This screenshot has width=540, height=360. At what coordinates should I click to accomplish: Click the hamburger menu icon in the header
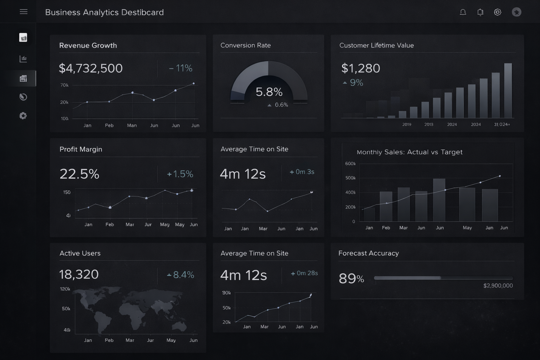pos(24,12)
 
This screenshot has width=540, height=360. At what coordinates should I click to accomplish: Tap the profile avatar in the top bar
pos(516,12)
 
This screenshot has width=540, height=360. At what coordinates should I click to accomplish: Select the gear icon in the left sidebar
pos(23,116)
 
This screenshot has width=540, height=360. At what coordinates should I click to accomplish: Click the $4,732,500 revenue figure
pos(91,68)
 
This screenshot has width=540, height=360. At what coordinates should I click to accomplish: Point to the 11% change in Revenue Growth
pos(181,68)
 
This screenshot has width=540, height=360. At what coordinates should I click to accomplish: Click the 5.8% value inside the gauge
pos(269,92)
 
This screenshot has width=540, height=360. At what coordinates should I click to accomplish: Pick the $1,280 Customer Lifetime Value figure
pos(361,68)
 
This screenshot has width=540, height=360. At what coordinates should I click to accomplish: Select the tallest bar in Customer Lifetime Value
pos(508,90)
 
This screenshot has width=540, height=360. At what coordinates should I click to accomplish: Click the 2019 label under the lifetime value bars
pos(407,124)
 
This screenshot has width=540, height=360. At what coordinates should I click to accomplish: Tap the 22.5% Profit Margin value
pos(79,174)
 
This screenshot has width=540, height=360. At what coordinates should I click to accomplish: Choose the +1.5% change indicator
pos(180,174)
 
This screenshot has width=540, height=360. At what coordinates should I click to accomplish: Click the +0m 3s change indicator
pos(302,172)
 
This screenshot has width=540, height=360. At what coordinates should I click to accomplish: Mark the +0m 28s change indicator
pos(304,273)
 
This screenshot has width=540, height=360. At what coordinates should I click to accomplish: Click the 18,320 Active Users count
pos(79,275)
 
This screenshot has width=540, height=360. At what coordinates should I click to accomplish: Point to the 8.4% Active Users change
pos(181,275)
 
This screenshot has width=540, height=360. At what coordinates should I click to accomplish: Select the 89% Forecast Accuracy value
pos(351,279)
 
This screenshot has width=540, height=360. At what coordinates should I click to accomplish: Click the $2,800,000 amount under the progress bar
pos(498,285)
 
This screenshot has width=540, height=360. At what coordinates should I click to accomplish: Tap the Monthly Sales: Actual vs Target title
pos(410,152)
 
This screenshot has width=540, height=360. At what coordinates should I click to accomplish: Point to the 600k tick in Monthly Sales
pos(350,164)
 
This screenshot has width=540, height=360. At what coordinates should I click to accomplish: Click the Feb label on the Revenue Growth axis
pos(109,126)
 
